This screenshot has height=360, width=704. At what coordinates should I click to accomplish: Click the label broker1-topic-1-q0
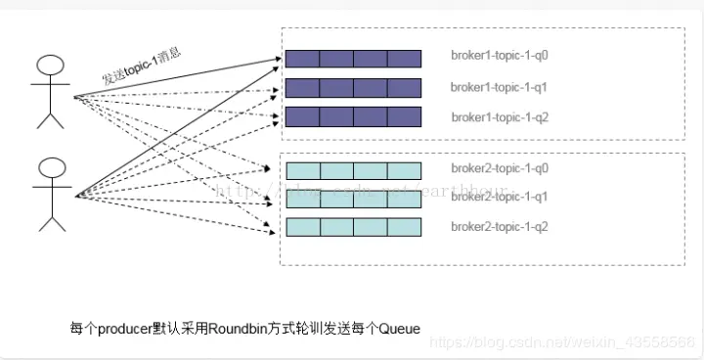pyautogui.click(x=499, y=58)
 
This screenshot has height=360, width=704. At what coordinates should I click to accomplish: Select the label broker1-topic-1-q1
pyautogui.click(x=499, y=87)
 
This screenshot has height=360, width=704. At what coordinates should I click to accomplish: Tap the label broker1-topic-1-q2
pyautogui.click(x=499, y=117)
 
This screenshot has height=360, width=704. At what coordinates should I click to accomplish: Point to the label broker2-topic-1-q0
pyautogui.click(x=499, y=169)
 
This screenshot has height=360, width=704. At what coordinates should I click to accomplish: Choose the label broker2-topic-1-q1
pyautogui.click(x=499, y=197)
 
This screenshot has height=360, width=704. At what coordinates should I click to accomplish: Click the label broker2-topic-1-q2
pyautogui.click(x=499, y=227)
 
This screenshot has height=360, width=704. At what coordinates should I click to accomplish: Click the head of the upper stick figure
pyautogui.click(x=50, y=67)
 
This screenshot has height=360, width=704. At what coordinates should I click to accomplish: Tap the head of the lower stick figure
pyautogui.click(x=50, y=167)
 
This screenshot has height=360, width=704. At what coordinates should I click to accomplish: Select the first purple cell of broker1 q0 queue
pyautogui.click(x=302, y=59)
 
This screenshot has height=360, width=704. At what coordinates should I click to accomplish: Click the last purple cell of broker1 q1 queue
pyautogui.click(x=404, y=88)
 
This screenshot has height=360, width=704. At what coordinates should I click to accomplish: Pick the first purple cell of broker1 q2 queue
pyautogui.click(x=302, y=117)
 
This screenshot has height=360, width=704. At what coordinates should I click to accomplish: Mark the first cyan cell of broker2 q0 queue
pyautogui.click(x=302, y=170)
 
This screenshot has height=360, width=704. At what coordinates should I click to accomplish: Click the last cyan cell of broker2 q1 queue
pyautogui.click(x=404, y=199)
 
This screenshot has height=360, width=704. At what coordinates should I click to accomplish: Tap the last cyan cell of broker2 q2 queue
pyautogui.click(x=404, y=227)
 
